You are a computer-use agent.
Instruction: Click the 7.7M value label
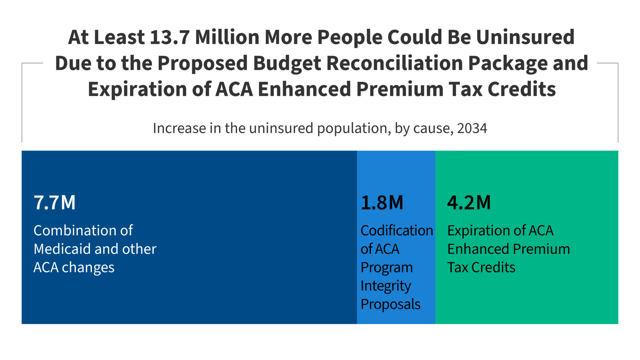click(54, 202)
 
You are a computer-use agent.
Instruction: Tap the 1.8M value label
click(382, 202)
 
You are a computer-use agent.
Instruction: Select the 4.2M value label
click(469, 202)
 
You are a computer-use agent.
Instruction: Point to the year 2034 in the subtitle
click(472, 128)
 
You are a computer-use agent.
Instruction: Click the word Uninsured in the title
click(525, 37)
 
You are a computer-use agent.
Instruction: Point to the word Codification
click(396, 230)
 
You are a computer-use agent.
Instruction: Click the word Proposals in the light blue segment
click(390, 304)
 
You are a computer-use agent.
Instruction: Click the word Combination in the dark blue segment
click(72, 230)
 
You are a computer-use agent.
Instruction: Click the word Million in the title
click(227, 37)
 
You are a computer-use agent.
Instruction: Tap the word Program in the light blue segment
click(386, 267)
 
